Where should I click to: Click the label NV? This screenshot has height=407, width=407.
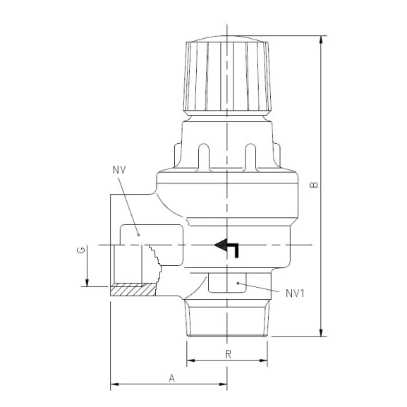(118, 170)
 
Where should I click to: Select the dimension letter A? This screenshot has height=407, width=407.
(171, 377)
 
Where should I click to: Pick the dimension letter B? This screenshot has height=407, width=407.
(314, 186)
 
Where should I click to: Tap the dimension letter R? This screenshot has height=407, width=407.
(228, 353)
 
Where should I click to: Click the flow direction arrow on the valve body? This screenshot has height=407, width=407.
(227, 247)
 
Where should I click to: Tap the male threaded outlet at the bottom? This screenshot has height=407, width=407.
(227, 318)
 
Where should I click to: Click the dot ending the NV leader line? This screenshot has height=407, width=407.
(138, 234)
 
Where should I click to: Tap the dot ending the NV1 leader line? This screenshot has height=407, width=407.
(239, 284)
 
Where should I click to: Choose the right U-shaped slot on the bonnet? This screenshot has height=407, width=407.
(250, 154)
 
